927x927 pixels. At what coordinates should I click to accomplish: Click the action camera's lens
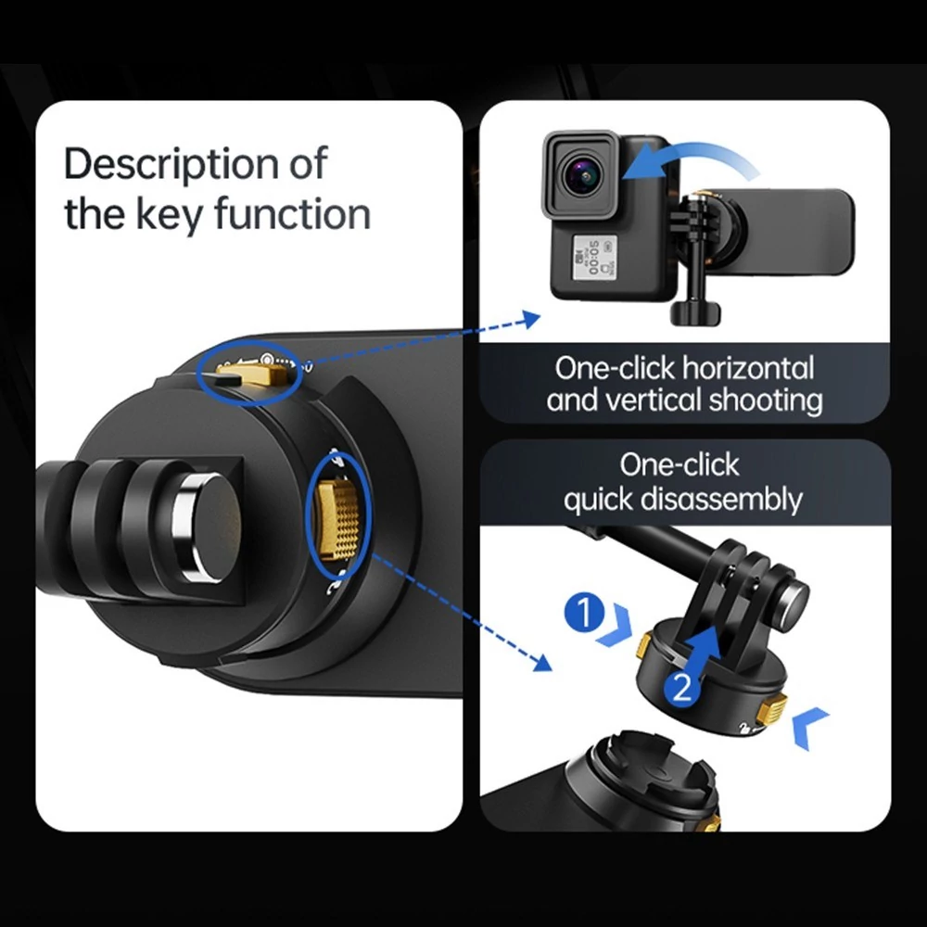(583, 175)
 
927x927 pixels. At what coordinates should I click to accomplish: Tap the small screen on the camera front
(593, 257)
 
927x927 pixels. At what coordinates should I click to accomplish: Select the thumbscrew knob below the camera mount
(695, 312)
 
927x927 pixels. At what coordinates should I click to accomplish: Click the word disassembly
(722, 500)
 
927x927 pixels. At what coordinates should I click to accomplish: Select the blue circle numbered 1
(584, 613)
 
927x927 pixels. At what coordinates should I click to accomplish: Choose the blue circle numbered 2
(682, 688)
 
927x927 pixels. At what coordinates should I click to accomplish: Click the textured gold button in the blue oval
(338, 520)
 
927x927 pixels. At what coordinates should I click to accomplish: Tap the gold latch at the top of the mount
(254, 374)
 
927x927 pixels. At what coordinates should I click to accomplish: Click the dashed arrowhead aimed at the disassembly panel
(542, 663)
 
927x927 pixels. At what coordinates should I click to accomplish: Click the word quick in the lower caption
(598, 501)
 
